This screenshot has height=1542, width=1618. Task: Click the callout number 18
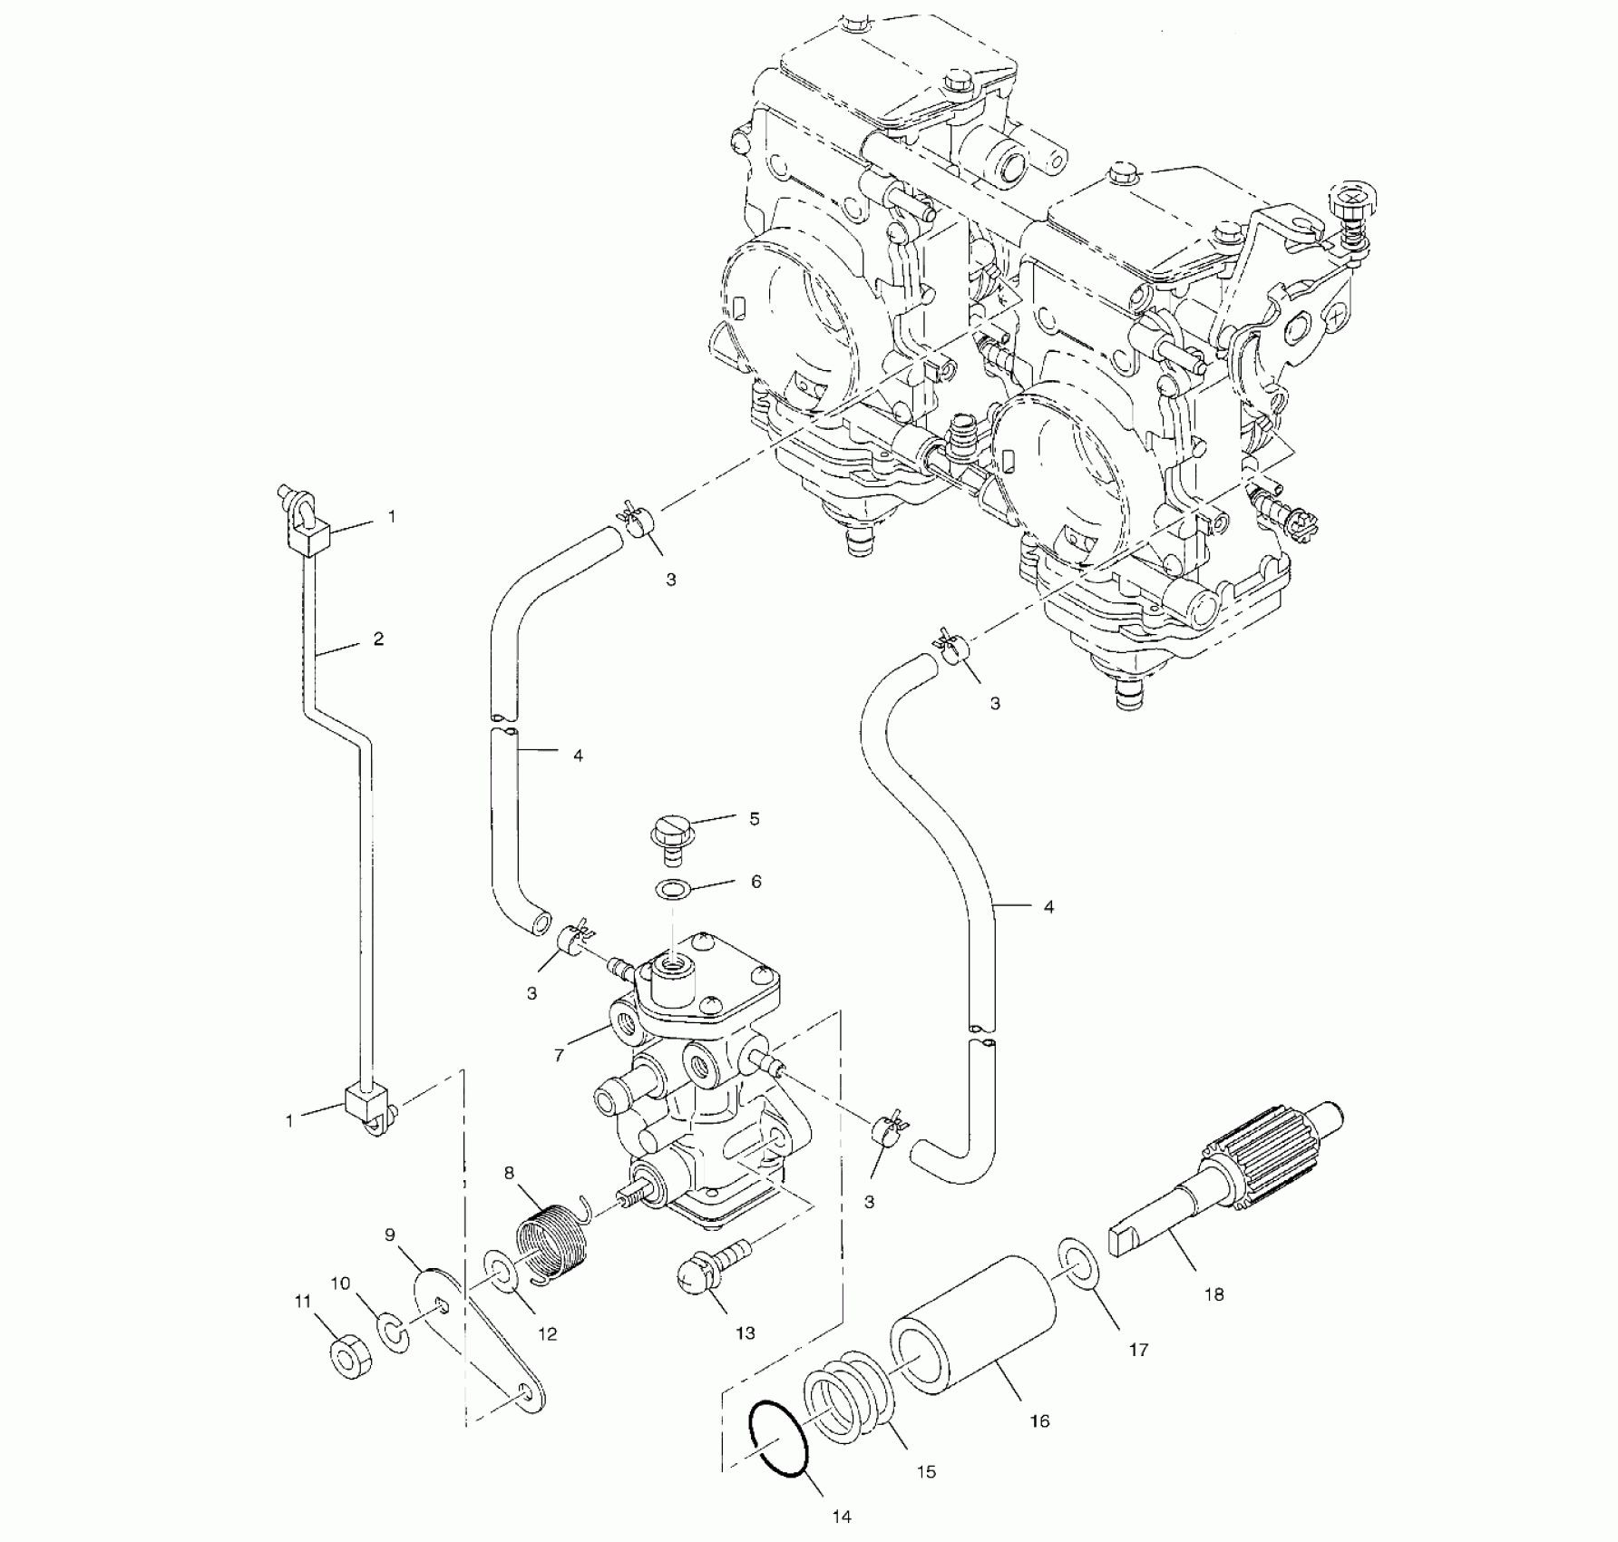point(1213,1294)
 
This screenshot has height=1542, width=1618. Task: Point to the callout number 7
point(560,1055)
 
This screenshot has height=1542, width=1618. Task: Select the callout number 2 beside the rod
point(378,639)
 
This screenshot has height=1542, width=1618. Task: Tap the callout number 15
point(925,1471)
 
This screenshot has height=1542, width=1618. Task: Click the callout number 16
point(1039,1421)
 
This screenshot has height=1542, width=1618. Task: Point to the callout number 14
point(841,1517)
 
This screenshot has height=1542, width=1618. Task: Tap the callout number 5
point(754,819)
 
